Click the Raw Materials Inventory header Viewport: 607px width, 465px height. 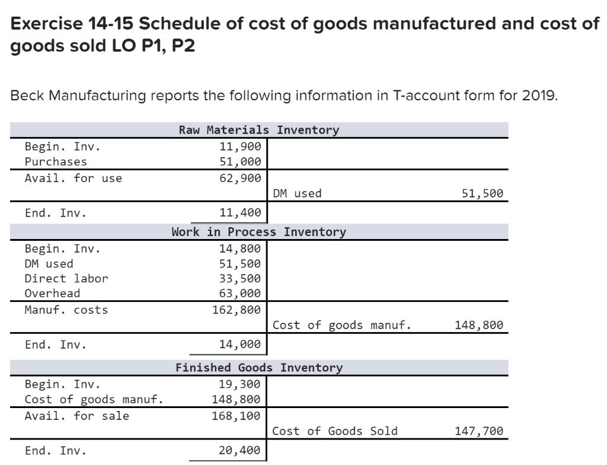click(258, 130)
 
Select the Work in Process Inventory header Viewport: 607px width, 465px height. click(258, 232)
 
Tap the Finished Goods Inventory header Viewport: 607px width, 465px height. click(258, 368)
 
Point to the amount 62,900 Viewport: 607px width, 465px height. click(240, 177)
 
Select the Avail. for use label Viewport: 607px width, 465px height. click(74, 177)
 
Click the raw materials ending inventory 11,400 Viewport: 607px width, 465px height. click(240, 213)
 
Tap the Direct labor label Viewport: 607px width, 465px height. click(66, 278)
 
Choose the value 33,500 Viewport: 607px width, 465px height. click(240, 278)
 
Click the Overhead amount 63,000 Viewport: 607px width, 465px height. click(240, 293)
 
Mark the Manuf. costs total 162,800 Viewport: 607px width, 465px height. click(237, 309)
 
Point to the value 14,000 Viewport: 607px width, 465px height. click(240, 345)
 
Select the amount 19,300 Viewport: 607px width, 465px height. click(240, 384)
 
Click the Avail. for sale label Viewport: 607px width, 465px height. click(76, 415)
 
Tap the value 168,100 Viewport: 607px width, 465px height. click(237, 415)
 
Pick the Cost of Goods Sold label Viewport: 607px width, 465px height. click(335, 431)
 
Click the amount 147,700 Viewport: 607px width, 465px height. click(479, 431)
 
